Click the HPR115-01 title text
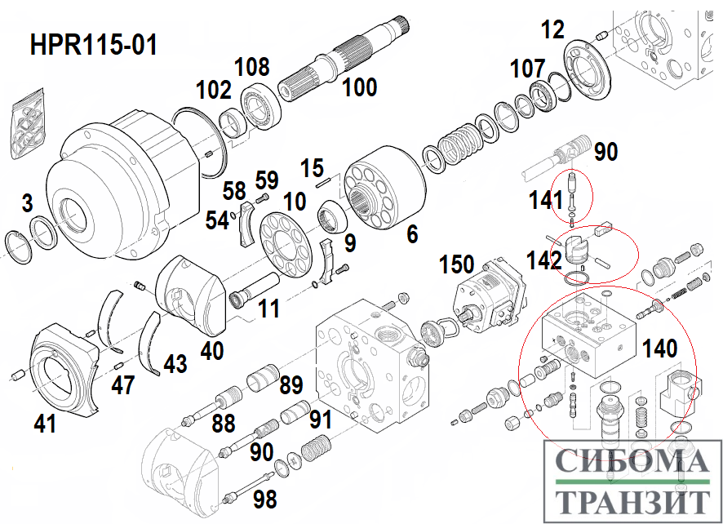click(x=94, y=45)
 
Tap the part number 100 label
click(x=360, y=87)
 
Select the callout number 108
click(x=252, y=67)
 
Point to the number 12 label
click(x=552, y=29)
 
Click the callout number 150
click(x=456, y=264)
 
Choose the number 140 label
click(x=660, y=349)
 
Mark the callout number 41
click(x=45, y=424)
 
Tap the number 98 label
click(x=264, y=499)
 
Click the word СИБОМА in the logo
click(x=632, y=460)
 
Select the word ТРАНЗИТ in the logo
click(x=632, y=501)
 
